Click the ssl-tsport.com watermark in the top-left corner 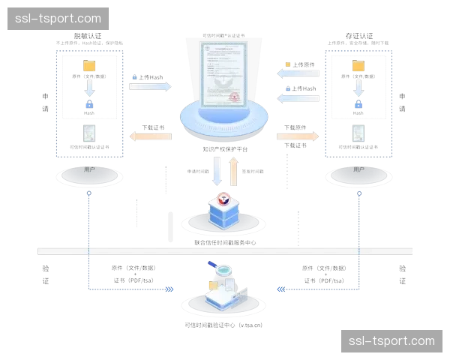58,18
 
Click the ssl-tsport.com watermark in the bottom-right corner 391,341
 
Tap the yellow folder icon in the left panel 89,66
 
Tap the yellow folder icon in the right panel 358,66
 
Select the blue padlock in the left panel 89,106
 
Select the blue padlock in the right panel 358,106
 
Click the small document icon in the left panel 89,135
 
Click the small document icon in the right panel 358,135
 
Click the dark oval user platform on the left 89,176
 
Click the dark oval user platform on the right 358,176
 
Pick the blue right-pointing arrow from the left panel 151,86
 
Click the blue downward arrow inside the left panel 89,87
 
